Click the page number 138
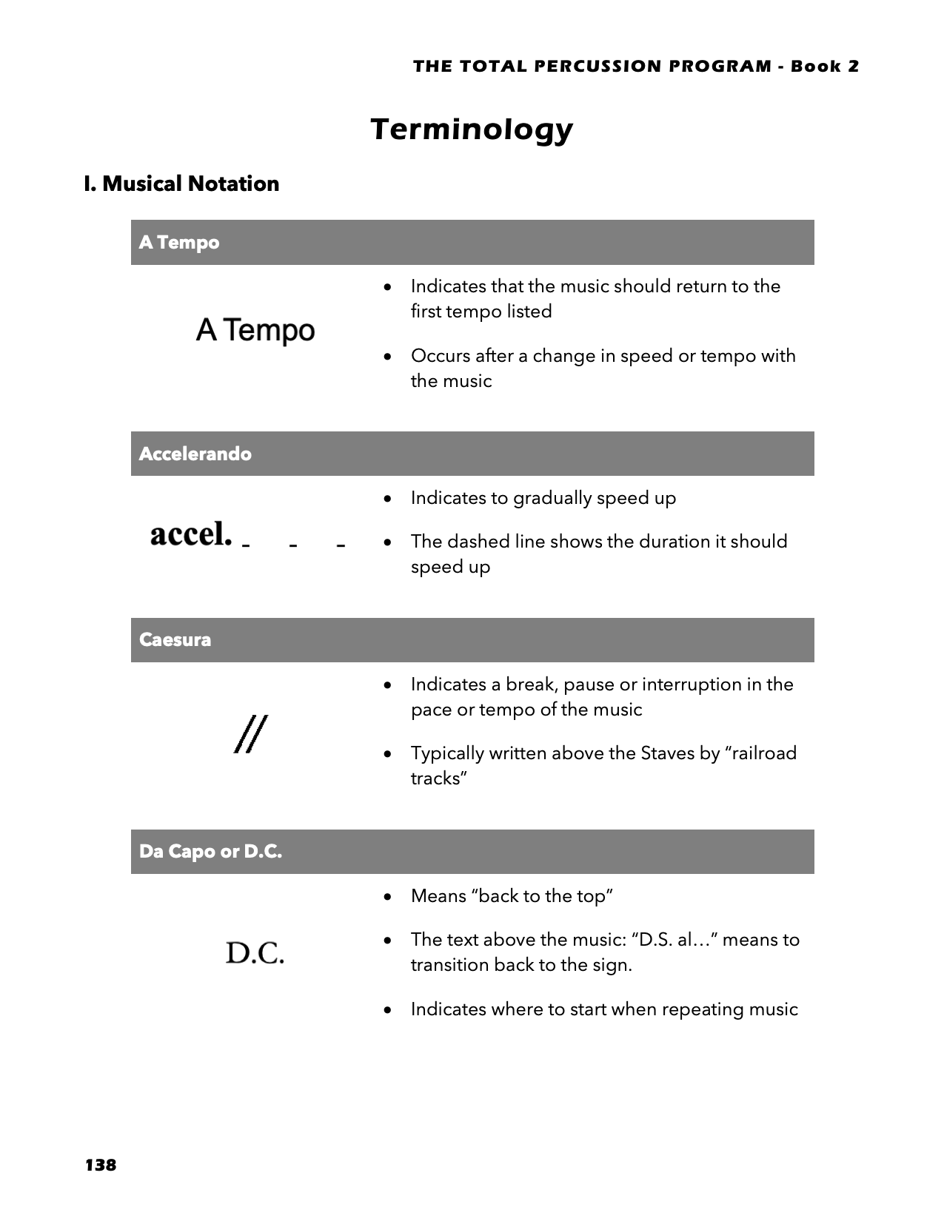coord(101,1165)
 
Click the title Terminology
coord(472,129)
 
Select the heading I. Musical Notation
coord(181,184)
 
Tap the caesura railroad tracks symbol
coord(251,734)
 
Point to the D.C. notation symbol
coord(255,953)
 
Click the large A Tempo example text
coord(255,330)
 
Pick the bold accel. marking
coord(191,534)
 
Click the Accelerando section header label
coord(195,454)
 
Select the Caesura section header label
coord(175,639)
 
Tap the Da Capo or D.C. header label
coord(210,852)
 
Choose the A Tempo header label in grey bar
coord(179,243)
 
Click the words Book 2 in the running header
coord(825,67)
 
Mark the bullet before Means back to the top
coord(388,897)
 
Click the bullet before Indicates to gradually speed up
coord(388,499)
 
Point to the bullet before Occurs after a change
coord(388,357)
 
